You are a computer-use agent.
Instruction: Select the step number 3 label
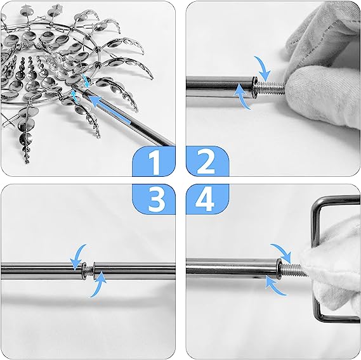point(157,199)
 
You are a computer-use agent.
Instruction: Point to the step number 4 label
point(205,199)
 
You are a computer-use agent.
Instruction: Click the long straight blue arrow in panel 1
point(110,110)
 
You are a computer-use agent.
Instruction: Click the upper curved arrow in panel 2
point(263,68)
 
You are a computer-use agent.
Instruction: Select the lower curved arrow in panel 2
point(244,96)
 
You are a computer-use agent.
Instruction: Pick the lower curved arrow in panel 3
point(98,285)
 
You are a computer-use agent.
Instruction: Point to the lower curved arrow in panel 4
point(275,286)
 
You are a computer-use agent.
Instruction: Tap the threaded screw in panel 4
point(291,269)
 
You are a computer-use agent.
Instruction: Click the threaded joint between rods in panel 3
point(88,271)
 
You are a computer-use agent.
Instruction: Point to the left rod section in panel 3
point(41,271)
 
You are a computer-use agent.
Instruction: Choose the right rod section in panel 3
point(135,271)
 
